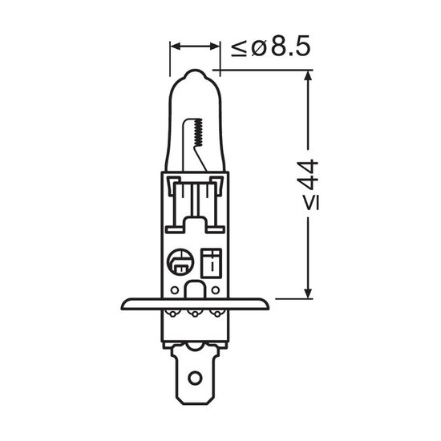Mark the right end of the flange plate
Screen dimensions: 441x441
(269, 305)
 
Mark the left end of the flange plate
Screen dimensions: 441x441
(123, 305)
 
